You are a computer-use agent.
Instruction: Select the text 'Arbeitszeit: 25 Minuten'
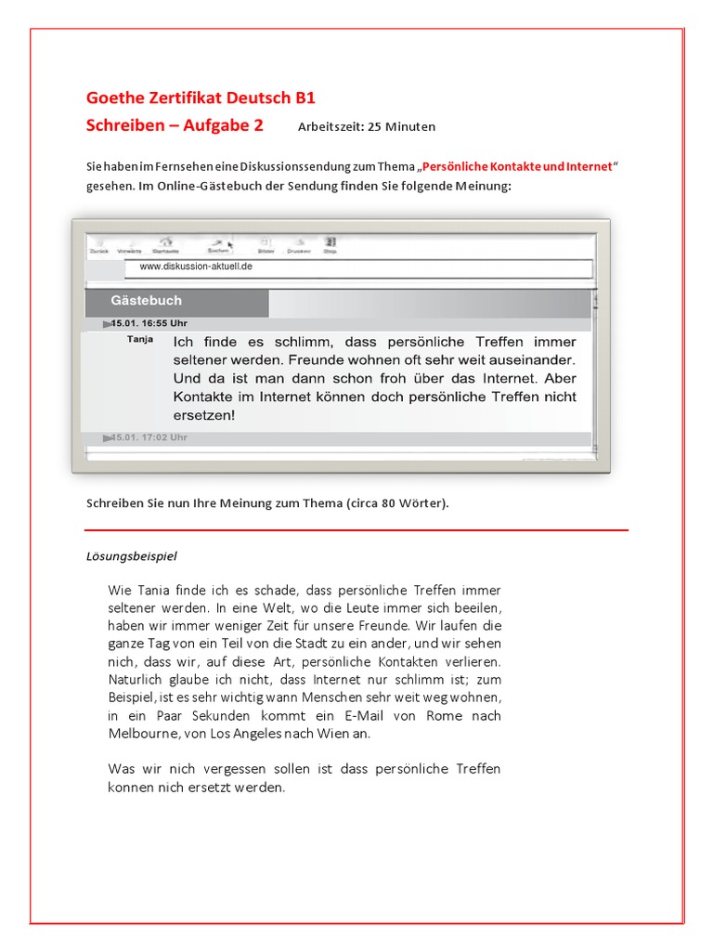coord(366,126)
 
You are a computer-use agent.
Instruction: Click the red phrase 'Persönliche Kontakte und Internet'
coord(518,166)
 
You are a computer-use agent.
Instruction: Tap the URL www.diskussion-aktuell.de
coord(196,267)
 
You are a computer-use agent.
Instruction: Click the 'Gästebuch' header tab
coord(147,301)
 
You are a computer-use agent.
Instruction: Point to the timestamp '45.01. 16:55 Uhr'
coord(149,323)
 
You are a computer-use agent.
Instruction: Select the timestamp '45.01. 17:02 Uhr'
coord(149,436)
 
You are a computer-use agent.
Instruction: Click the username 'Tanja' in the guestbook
coord(140,340)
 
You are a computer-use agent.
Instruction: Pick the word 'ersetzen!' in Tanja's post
coord(203,415)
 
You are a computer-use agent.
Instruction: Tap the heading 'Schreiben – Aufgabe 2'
coord(175,124)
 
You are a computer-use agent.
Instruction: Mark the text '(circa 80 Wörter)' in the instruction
coord(397,503)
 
